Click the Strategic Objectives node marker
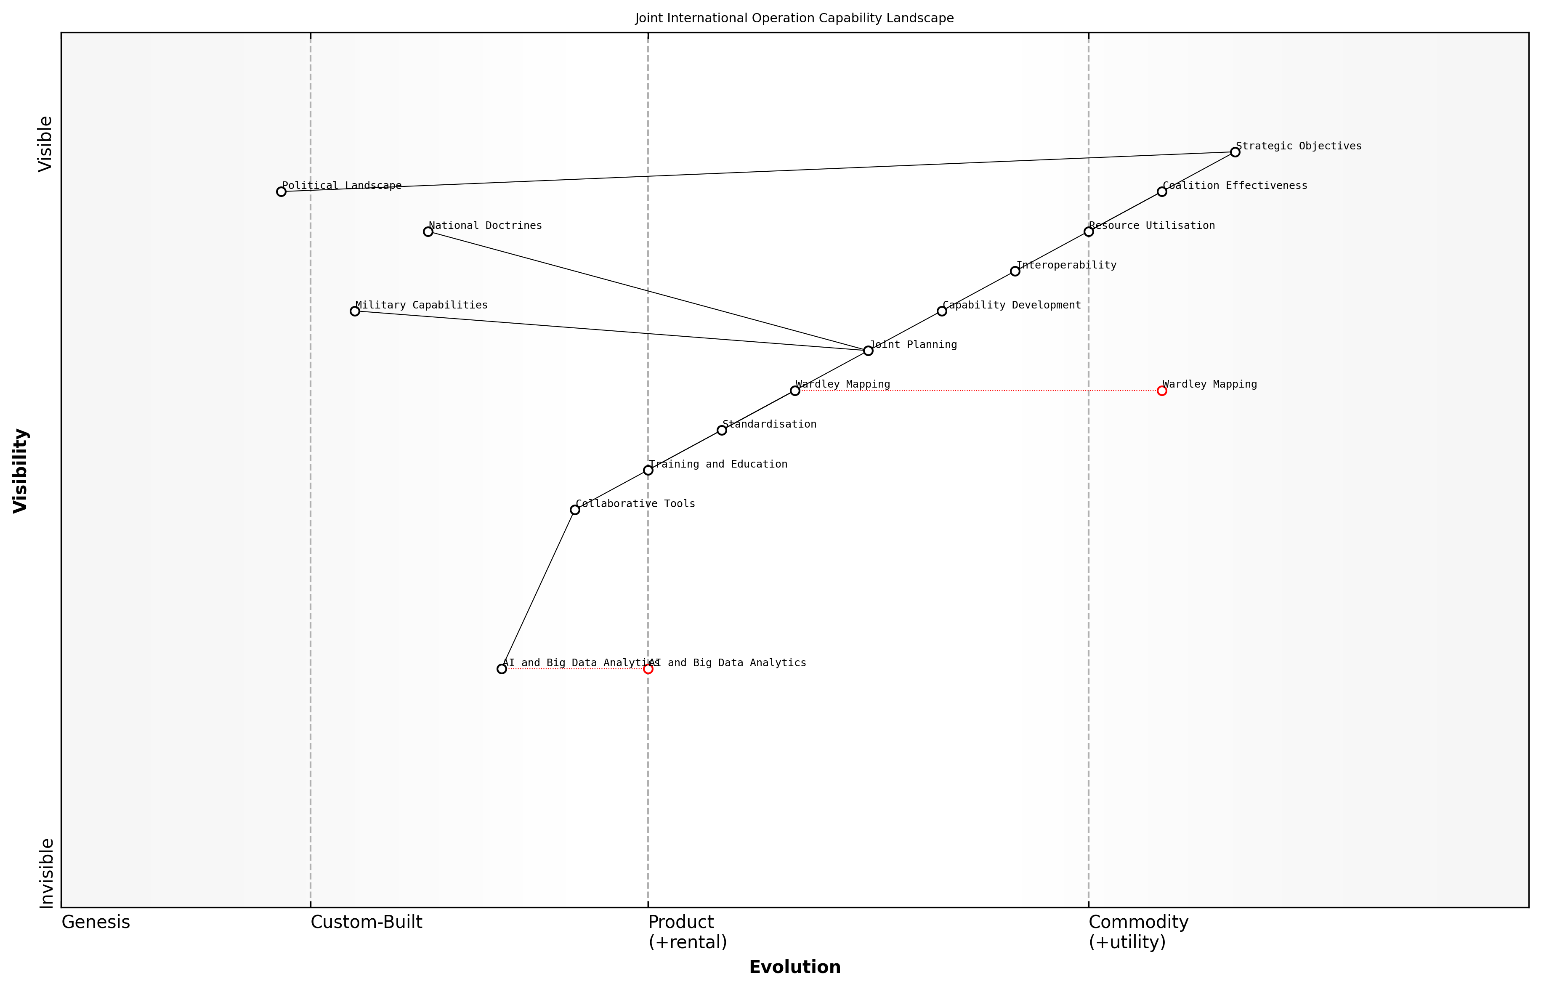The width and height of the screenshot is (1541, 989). click(x=1235, y=152)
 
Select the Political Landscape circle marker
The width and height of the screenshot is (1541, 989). click(x=281, y=191)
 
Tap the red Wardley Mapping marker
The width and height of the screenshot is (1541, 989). click(x=1161, y=391)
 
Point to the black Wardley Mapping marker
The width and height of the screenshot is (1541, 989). click(x=795, y=391)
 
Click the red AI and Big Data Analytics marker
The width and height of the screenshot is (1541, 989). click(x=648, y=669)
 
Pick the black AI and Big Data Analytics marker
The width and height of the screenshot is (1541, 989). click(x=502, y=669)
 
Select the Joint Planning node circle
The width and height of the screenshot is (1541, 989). click(x=868, y=351)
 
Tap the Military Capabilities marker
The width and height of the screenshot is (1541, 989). click(x=354, y=311)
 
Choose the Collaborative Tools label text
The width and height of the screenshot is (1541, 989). click(x=635, y=503)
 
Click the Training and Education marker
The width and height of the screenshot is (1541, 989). click(x=648, y=470)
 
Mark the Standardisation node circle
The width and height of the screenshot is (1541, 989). click(x=722, y=430)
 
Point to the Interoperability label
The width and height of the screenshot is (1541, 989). click(x=1066, y=265)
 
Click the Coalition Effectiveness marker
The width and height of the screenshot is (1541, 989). click(x=1161, y=191)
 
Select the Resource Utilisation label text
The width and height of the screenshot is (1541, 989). click(x=1152, y=226)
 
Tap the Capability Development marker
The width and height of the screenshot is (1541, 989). click(x=941, y=311)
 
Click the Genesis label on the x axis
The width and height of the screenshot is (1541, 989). click(x=96, y=922)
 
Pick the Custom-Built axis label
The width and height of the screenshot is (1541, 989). click(x=366, y=922)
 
